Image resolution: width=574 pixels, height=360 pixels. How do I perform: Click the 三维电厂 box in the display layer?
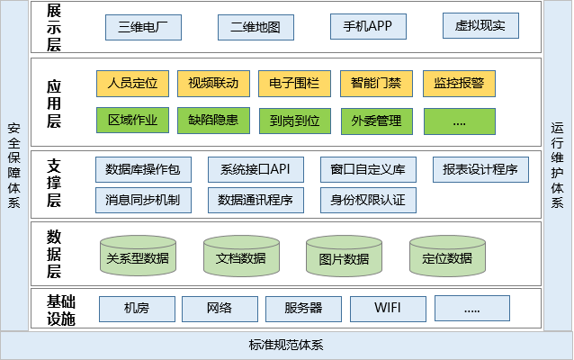point(143,27)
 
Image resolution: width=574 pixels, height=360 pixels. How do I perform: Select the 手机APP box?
point(368,27)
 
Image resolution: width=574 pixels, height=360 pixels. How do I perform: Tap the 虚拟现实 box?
point(480,26)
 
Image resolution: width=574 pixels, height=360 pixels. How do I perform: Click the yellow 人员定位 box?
point(131,84)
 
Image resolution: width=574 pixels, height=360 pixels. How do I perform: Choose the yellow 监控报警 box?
point(459,84)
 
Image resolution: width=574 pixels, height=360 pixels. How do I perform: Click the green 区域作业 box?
point(131,120)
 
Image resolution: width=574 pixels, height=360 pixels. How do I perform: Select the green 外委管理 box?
point(377,120)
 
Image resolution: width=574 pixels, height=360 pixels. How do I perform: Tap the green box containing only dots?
point(459,120)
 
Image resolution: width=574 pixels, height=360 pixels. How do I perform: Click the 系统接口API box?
point(256,169)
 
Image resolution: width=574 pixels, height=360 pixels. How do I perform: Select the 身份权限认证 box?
point(368,199)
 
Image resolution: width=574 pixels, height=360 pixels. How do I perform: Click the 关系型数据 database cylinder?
point(137,256)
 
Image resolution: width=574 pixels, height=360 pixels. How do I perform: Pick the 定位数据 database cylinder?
point(447,256)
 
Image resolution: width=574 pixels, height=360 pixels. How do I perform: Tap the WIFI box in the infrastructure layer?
point(388,309)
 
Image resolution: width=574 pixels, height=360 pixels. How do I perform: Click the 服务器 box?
point(303,309)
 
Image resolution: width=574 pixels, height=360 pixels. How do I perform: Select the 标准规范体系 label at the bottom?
point(286,346)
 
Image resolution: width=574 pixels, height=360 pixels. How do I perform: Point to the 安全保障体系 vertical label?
point(13,164)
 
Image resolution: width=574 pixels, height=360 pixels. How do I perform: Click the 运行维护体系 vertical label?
point(557,164)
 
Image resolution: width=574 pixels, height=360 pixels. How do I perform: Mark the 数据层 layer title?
point(54,253)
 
